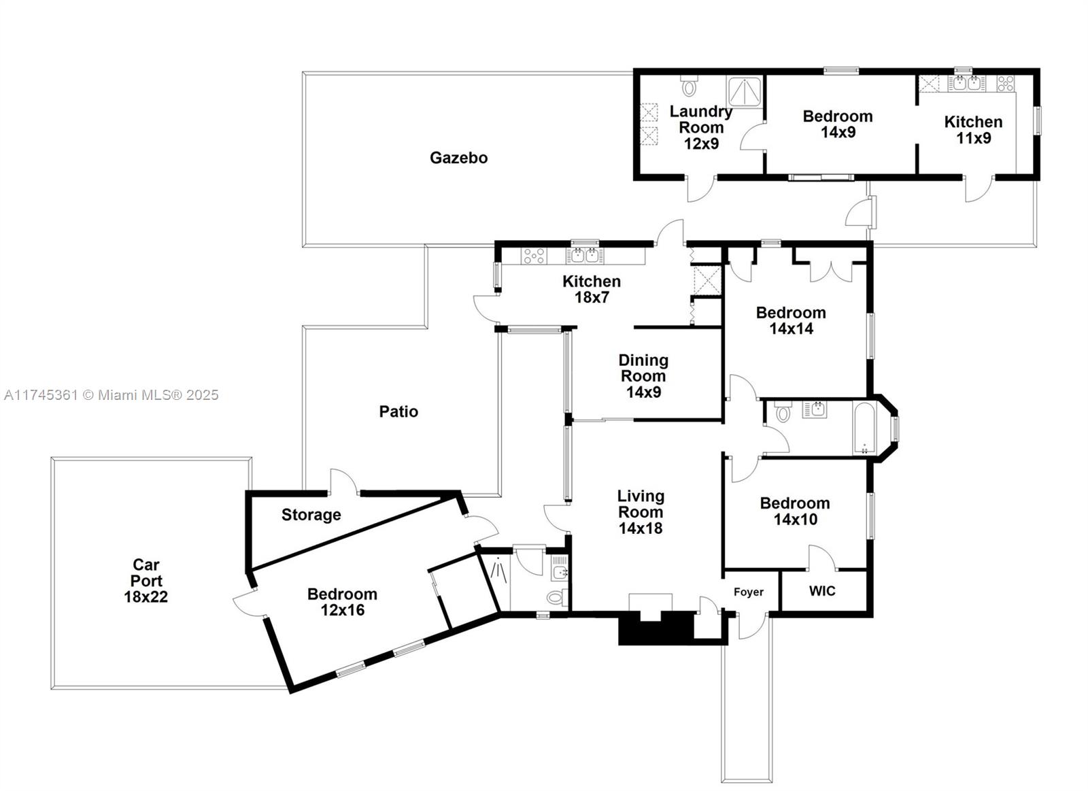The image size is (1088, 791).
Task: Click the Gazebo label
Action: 458,158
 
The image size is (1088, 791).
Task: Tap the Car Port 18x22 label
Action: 146,580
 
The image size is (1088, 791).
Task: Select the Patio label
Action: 398,411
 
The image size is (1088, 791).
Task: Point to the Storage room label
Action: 311,515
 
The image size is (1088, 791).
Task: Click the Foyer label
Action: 749,592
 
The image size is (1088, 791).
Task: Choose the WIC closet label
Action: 822,591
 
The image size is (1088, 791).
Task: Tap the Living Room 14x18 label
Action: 641,511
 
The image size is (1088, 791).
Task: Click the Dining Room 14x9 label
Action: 643,375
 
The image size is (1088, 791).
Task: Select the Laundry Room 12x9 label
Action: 701,127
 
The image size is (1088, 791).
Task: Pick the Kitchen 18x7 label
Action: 591,289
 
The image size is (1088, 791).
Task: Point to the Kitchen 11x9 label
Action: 973,130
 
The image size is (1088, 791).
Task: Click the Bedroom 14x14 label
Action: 791,320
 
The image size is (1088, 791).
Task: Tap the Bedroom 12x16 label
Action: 342,601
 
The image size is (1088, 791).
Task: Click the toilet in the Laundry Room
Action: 689,85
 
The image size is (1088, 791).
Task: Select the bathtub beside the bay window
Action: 864,428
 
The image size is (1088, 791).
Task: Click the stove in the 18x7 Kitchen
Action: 533,256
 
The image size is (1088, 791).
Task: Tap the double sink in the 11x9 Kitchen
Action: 966,83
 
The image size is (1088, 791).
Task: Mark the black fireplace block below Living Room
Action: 656,628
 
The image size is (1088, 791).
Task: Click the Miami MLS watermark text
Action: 112,395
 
